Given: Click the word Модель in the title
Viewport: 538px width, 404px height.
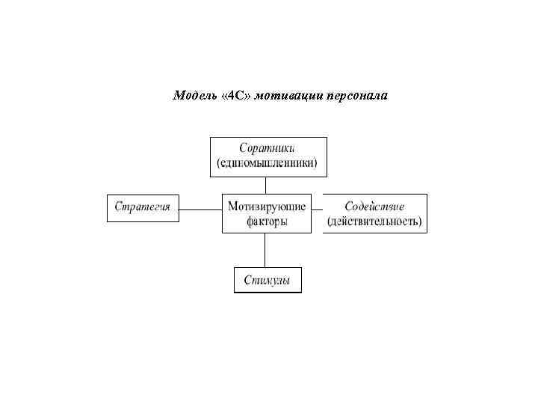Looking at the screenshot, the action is coord(194,96).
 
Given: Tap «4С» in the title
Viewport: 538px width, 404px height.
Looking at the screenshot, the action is coord(238,96).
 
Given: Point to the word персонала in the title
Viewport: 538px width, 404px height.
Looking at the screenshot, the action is coord(356,96).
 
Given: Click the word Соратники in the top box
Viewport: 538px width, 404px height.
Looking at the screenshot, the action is coord(268,148).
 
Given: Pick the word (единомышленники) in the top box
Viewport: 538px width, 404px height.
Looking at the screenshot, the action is coord(268,164).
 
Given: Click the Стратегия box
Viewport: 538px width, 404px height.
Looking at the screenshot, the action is coord(143,207).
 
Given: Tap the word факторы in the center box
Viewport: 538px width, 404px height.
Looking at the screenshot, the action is coord(267,221).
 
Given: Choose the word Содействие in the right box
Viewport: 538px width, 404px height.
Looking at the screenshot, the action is coord(375,206).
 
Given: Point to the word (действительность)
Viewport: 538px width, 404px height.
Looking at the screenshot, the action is coord(375,221).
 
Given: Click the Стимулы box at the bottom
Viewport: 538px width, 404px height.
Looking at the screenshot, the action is coord(268,281).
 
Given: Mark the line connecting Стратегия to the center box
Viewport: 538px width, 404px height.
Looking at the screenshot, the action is coord(200,209).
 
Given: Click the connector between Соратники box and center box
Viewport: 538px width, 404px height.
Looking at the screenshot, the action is coord(268,185).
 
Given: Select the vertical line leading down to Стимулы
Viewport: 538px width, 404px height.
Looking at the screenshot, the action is coord(268,250).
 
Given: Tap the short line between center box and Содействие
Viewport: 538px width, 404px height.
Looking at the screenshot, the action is coord(316,209).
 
